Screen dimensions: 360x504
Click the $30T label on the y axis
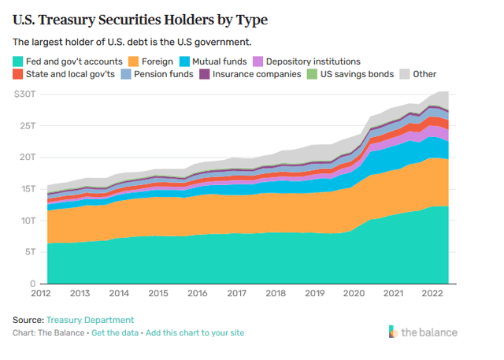point(25,94)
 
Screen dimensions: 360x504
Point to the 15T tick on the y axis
point(28,188)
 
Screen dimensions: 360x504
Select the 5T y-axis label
point(31,251)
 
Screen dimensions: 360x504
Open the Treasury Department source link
point(90,320)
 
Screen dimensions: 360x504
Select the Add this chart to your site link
point(195,332)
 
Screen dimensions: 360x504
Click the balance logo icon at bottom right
point(394,332)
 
